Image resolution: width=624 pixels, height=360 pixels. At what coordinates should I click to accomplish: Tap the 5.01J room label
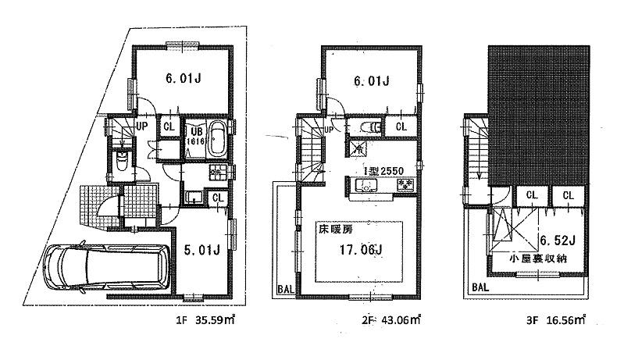click(x=201, y=251)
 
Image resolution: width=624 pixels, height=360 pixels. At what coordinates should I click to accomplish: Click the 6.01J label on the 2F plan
click(x=369, y=80)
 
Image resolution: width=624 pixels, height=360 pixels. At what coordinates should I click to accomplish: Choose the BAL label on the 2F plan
click(x=284, y=291)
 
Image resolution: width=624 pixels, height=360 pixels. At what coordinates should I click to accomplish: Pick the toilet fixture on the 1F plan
click(x=122, y=162)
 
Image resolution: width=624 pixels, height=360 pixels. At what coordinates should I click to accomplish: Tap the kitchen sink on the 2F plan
click(x=364, y=186)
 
